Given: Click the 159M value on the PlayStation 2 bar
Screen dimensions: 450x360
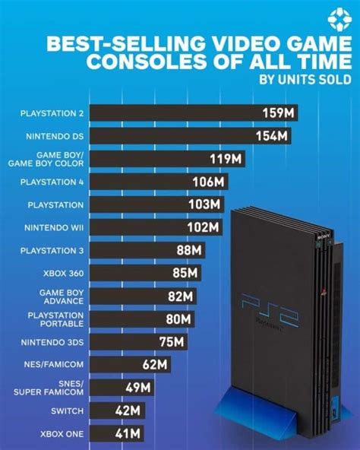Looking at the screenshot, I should [x=278, y=113].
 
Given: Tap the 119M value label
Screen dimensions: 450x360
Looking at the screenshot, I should [x=226, y=159].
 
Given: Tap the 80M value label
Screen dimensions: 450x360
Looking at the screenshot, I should [x=180, y=319].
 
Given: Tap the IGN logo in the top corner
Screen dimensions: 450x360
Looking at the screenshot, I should [x=336, y=20].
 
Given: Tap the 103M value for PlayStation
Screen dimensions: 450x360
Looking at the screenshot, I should [x=204, y=204].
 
